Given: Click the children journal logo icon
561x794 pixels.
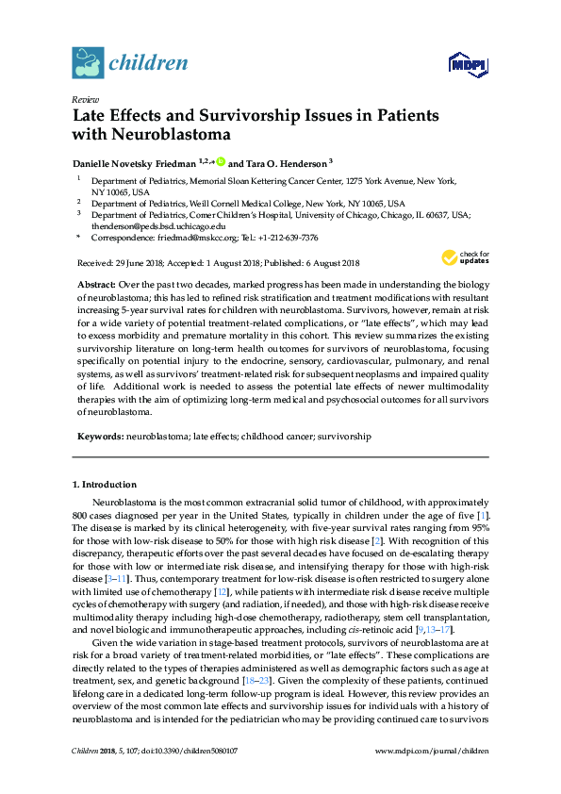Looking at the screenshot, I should [88, 63].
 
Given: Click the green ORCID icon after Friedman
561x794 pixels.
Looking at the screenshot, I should [221, 162].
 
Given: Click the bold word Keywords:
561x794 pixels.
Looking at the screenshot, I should [98, 437].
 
